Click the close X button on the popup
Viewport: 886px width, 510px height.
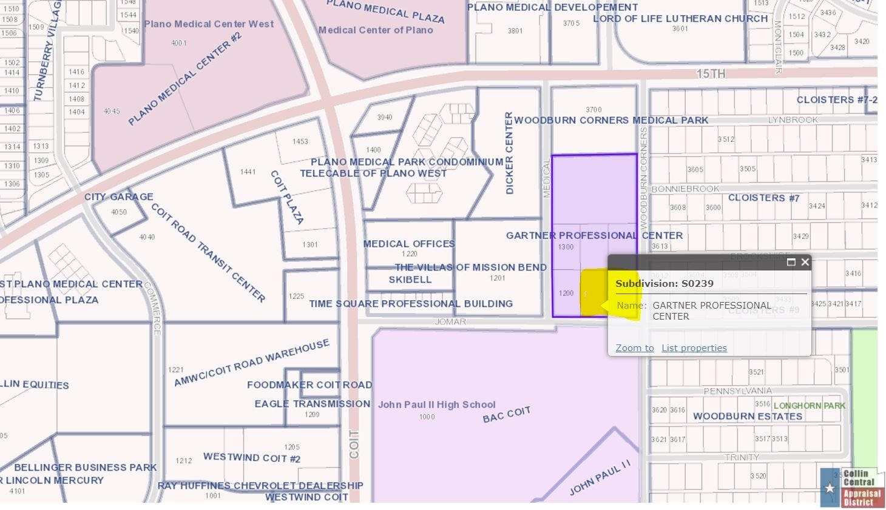coord(805,262)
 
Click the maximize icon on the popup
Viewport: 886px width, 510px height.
coord(791,262)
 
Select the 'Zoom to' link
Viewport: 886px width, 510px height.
coord(635,348)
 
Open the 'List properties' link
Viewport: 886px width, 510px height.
coord(694,348)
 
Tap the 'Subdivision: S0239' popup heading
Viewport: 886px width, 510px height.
coord(664,283)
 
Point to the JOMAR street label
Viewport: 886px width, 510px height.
coord(450,321)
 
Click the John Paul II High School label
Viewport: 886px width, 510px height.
coord(436,404)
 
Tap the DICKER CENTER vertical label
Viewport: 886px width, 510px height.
coord(509,153)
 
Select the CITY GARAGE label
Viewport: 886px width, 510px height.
coord(118,196)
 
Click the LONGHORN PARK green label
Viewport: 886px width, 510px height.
coord(810,405)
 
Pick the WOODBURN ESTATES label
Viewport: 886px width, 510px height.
coord(748,417)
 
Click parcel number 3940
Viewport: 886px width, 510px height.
coord(384,117)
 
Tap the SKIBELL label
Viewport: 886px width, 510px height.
coord(410,280)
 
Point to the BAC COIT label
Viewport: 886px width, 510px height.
coord(507,415)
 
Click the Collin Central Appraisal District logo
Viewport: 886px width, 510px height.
coord(852,488)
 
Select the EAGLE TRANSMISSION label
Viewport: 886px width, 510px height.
coord(312,404)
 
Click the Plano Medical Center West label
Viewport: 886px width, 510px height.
coord(209,24)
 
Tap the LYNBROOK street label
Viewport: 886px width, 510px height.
coord(793,120)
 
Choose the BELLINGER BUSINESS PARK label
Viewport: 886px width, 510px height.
coord(85,468)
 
